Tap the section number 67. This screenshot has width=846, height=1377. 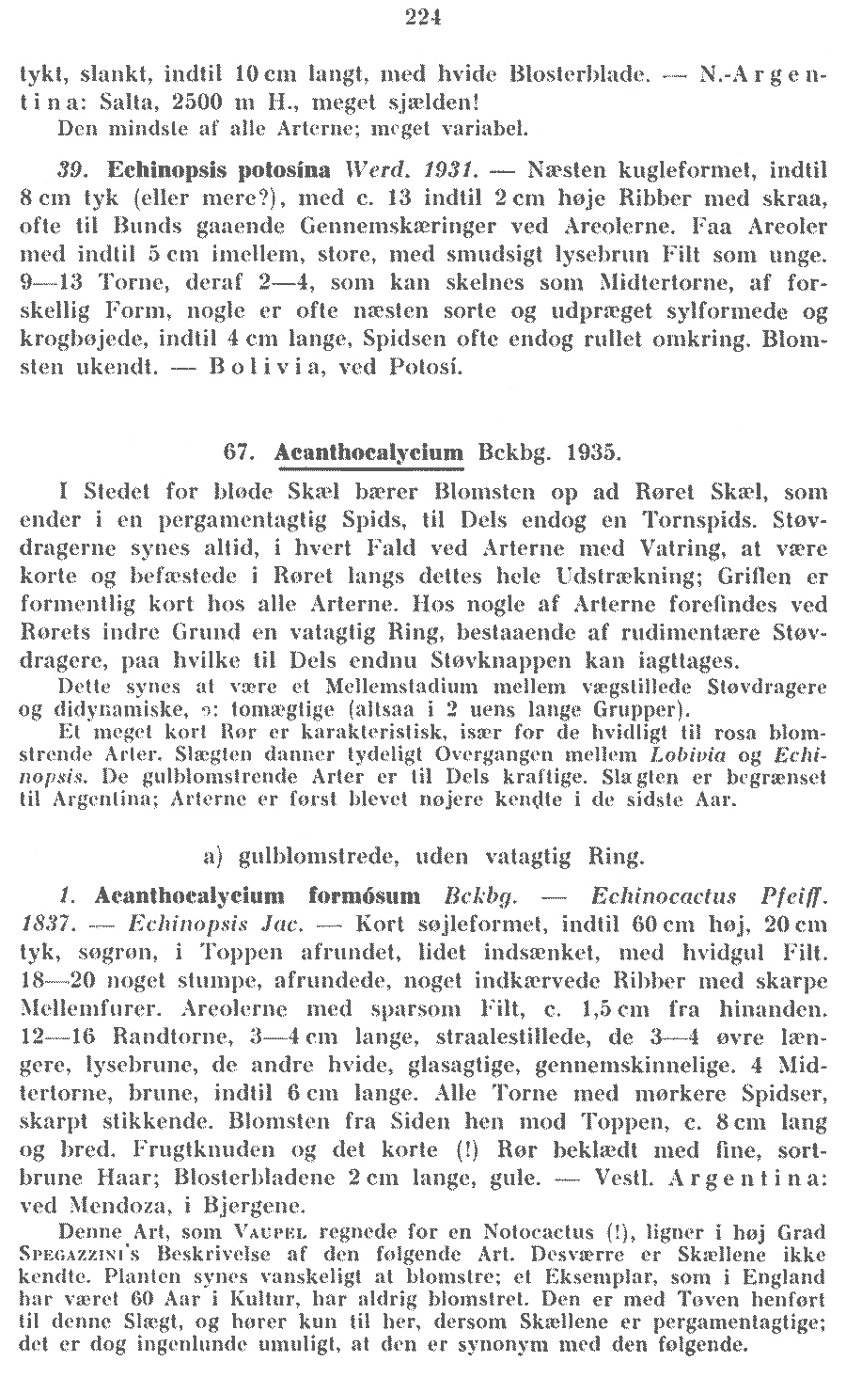point(241,452)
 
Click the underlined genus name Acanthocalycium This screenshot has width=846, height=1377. point(370,452)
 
